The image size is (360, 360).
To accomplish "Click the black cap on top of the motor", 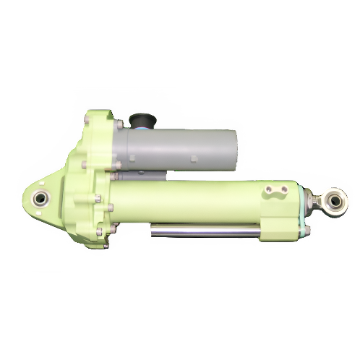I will click(139, 118).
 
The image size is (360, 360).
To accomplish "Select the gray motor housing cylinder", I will click(181, 148).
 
